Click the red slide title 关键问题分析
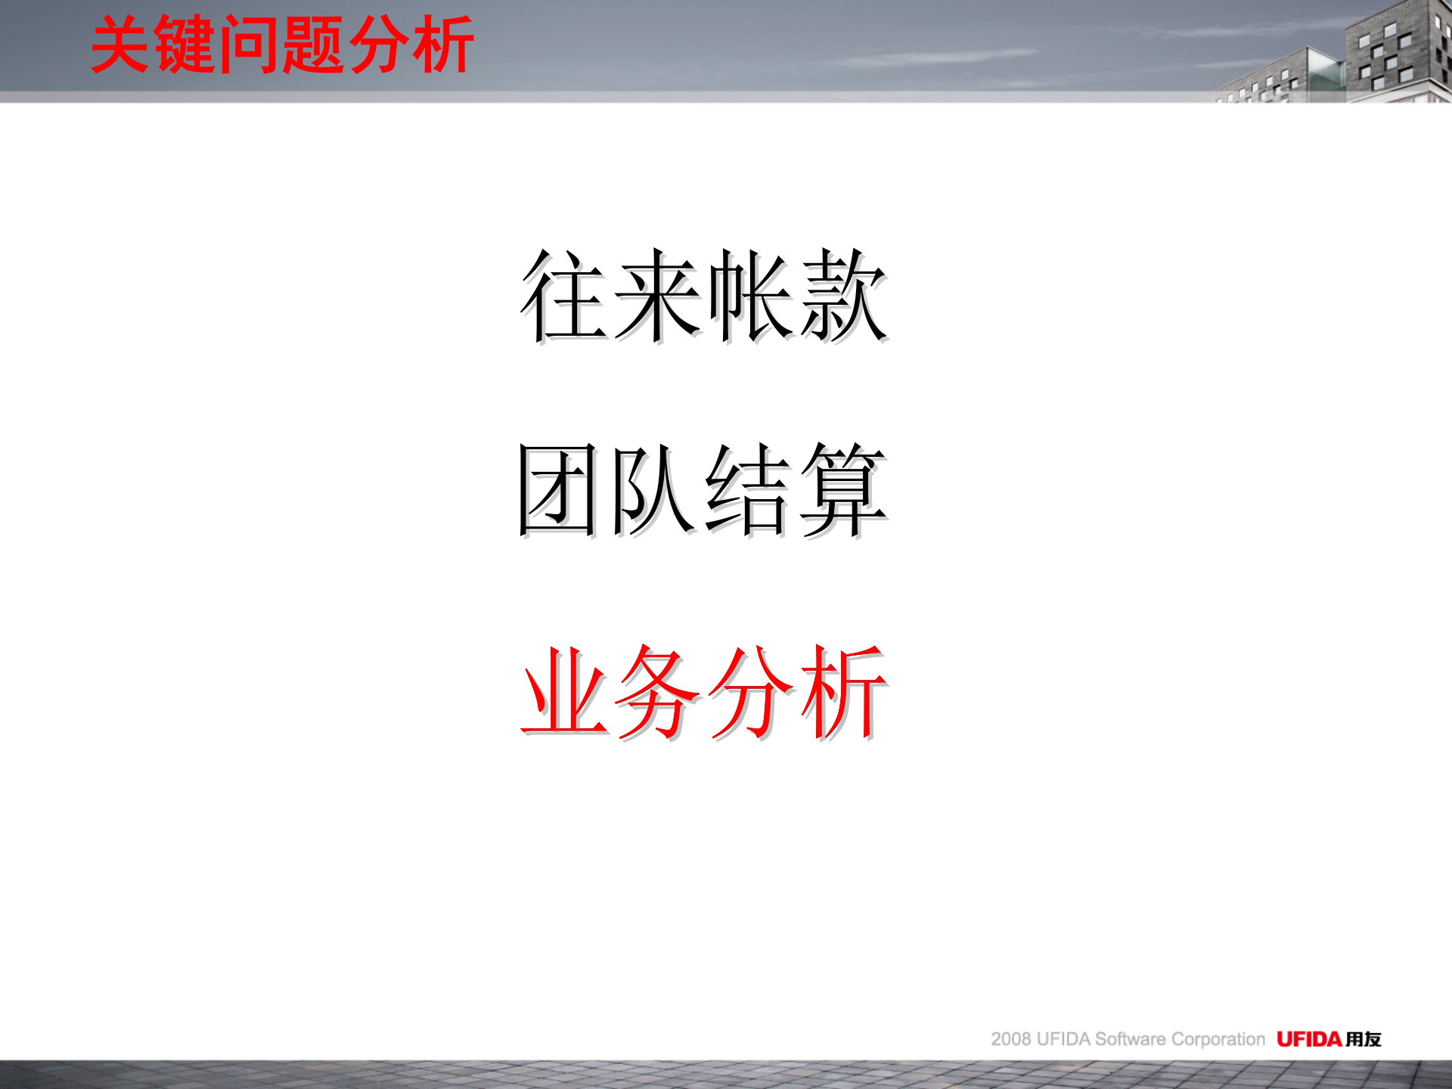click(282, 45)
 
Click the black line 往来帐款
click(703, 296)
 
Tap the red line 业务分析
click(703, 691)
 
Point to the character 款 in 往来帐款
click(842, 296)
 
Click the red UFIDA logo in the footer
click(1309, 1039)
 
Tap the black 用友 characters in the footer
click(1364, 1039)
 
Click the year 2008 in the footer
click(1011, 1039)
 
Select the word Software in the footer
click(1130, 1039)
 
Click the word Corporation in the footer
click(1218, 1039)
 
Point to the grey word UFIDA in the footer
click(1063, 1039)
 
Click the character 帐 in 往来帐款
click(749, 296)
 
